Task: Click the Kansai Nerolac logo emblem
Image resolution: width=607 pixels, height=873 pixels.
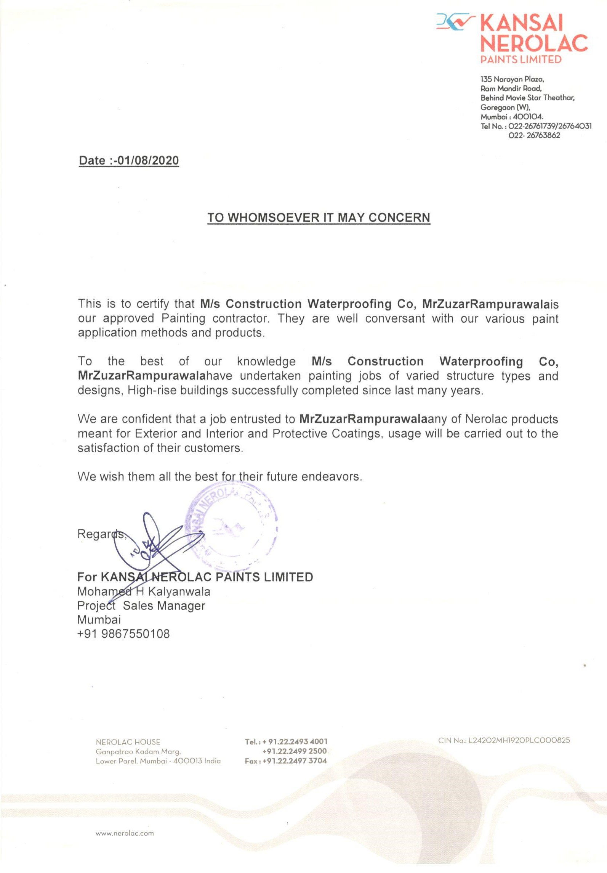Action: coord(455,22)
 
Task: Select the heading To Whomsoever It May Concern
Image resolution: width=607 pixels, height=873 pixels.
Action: coord(319,217)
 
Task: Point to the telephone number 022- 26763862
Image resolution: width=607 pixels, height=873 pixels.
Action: coord(534,135)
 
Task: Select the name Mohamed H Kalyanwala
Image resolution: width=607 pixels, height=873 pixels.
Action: coord(144,592)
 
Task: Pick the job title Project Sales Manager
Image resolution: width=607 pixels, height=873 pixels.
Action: coord(141,606)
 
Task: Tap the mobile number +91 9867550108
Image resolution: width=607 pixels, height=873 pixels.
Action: coord(123,634)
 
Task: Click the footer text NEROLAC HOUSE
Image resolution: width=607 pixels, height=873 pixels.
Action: coord(128,742)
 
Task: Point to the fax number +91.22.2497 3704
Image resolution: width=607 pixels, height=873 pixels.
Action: coord(295,761)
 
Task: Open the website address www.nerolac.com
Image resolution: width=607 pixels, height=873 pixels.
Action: coord(125,833)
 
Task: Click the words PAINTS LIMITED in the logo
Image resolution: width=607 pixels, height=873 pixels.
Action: coord(521,59)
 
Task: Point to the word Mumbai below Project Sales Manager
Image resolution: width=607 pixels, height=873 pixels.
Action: coord(99,620)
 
